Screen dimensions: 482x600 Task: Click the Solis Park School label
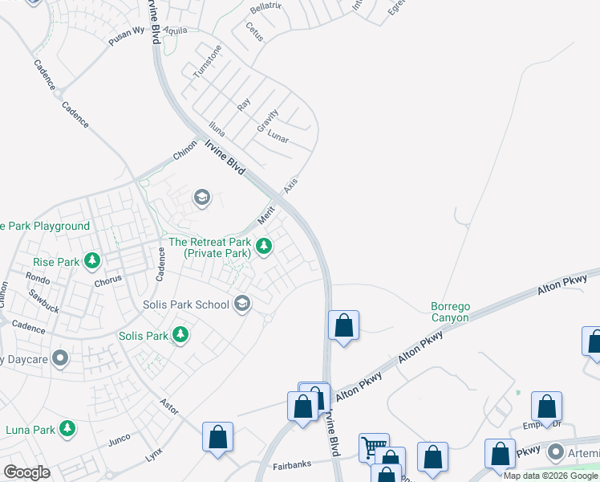click(185, 304)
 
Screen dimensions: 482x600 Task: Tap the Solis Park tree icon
click(180, 335)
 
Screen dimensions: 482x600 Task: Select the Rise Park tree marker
click(93, 261)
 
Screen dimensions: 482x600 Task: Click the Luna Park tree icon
click(69, 429)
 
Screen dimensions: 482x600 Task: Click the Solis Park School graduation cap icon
click(242, 304)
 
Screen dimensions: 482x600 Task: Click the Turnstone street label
click(206, 62)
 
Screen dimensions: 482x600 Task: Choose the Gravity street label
click(267, 120)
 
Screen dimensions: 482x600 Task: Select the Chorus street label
click(107, 280)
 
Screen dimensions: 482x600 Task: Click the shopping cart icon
click(373, 447)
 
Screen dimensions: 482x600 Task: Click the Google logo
click(26, 472)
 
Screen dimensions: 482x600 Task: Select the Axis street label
click(290, 186)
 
